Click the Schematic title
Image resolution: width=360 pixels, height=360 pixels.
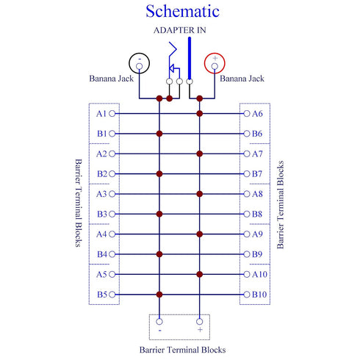(182, 11)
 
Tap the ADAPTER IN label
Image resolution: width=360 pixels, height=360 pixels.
(180, 30)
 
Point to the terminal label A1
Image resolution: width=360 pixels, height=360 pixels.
(101, 114)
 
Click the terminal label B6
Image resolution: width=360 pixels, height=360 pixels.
(257, 134)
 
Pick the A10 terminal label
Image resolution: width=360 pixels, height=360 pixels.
(259, 274)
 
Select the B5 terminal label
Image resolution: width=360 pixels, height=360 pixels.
(102, 295)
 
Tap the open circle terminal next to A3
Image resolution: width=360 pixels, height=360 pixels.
(112, 194)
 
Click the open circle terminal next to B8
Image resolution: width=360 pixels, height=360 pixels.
(247, 214)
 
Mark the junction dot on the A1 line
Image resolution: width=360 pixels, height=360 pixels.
(200, 114)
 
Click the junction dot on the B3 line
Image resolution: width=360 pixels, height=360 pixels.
(159, 214)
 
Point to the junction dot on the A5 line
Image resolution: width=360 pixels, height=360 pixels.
(200, 274)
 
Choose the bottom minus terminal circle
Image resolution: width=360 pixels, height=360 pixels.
(159, 322)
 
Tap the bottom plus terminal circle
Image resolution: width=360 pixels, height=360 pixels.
(200, 322)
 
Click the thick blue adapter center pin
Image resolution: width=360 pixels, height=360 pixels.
(190, 58)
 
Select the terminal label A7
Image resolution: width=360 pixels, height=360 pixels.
(257, 154)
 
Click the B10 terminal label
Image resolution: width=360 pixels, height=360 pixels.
(259, 295)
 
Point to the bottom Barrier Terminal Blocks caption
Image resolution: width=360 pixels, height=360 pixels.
(183, 350)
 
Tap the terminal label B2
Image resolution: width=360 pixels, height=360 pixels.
(102, 174)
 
